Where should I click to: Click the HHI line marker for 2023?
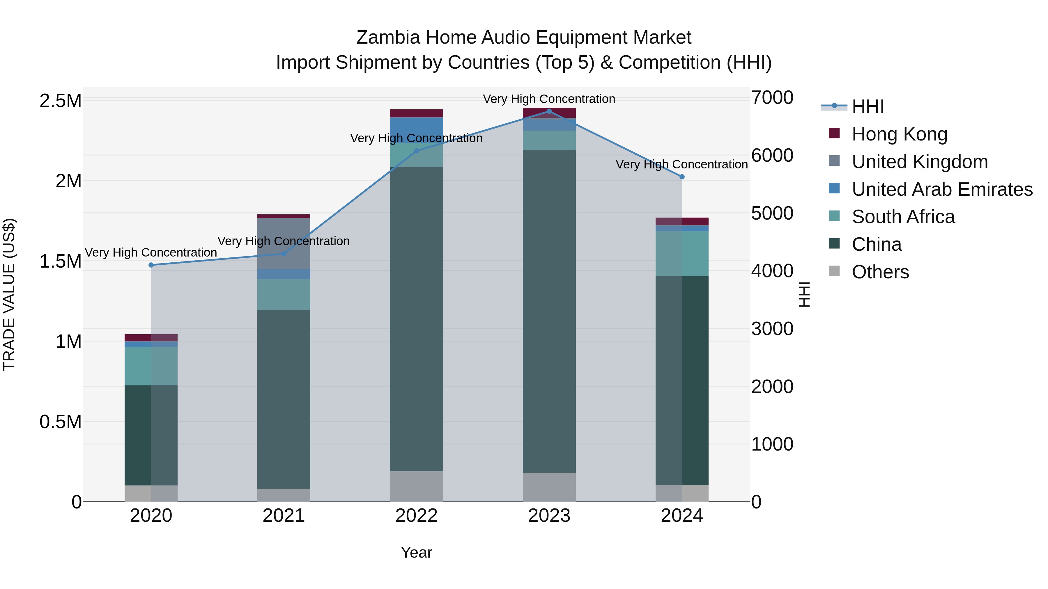tap(549, 111)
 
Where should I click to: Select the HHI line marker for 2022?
tap(416, 151)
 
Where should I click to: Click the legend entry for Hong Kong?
tap(899, 134)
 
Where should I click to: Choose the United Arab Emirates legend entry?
tap(942, 189)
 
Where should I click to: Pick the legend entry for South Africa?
tap(903, 217)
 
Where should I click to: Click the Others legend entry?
tap(880, 272)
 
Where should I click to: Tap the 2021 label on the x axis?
tap(284, 516)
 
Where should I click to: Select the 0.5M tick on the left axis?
tap(60, 422)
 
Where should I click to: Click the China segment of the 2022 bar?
tap(416, 319)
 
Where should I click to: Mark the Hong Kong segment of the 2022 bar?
tap(416, 113)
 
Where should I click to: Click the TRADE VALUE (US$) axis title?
tap(9, 294)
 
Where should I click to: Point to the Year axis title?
tap(416, 552)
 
